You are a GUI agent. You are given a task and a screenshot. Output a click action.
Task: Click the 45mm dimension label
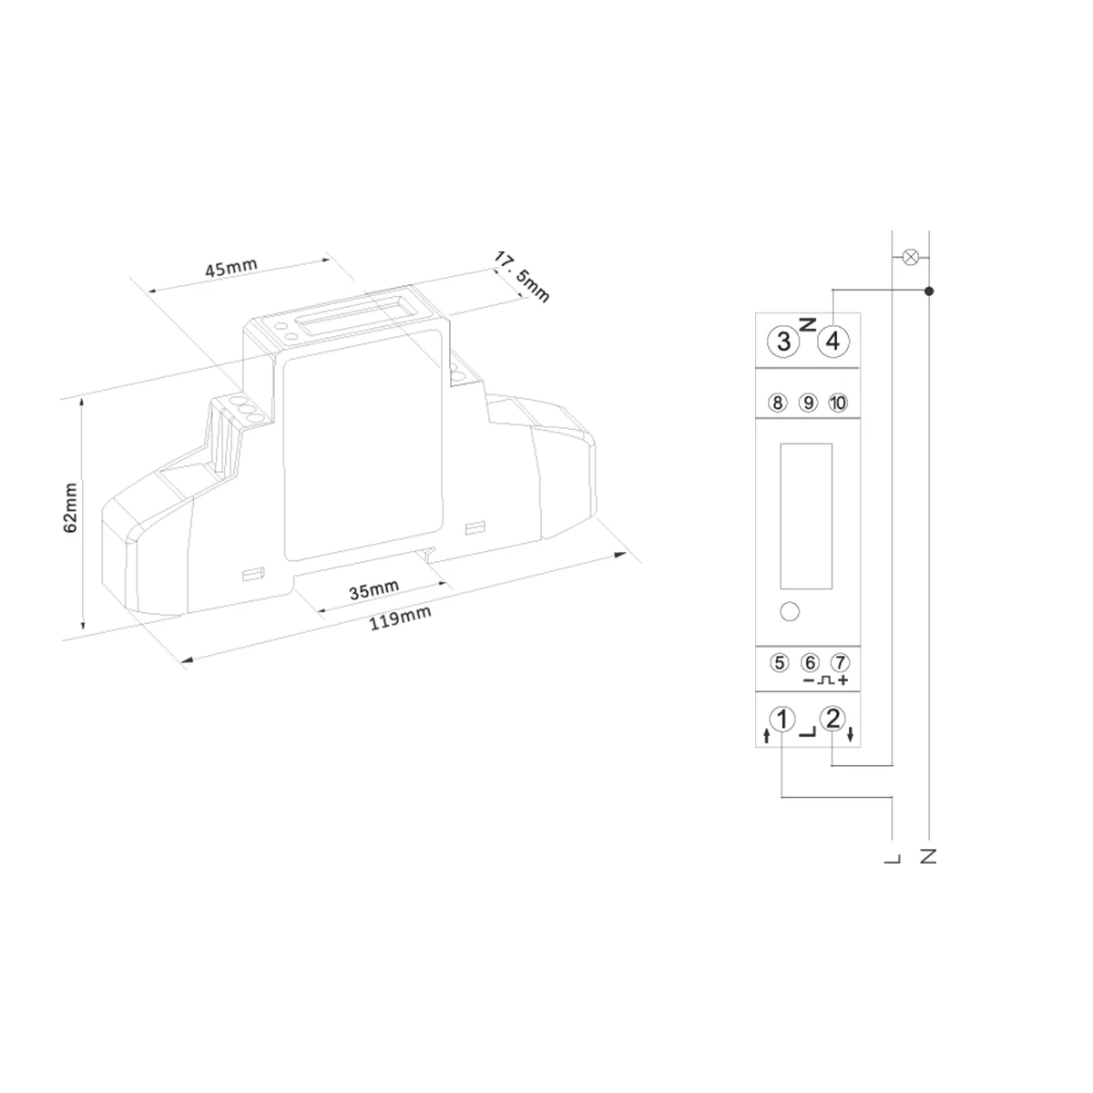tap(230, 267)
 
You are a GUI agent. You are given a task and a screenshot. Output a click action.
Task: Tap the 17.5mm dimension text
tap(522, 277)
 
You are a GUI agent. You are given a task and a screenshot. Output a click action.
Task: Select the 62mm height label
tap(70, 507)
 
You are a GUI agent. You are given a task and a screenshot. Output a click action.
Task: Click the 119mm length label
tap(401, 618)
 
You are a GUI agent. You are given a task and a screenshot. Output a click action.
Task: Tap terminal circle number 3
tap(783, 341)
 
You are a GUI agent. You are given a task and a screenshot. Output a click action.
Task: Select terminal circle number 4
tap(833, 341)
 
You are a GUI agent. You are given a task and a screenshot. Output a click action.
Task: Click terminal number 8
tap(778, 403)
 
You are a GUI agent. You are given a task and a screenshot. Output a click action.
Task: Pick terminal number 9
tap(808, 403)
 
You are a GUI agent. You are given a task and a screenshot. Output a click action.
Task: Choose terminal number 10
tap(838, 403)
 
